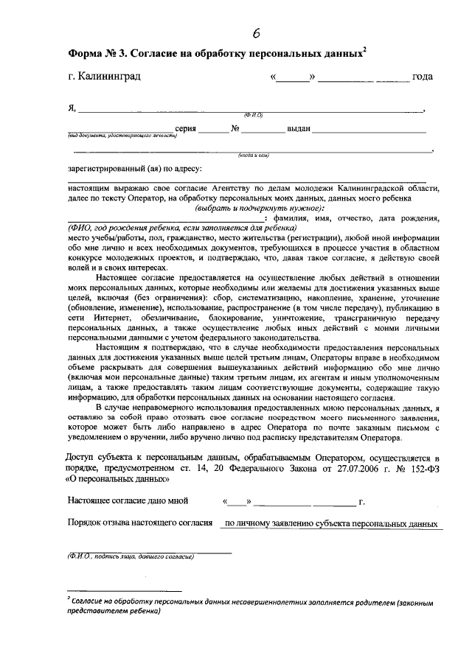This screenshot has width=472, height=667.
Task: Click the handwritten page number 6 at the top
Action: (257, 32)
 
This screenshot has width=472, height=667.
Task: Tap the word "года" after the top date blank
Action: (423, 77)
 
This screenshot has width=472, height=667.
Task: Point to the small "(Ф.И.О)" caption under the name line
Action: (254, 115)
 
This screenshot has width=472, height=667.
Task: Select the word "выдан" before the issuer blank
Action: (299, 128)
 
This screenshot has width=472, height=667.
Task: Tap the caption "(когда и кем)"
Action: (251, 156)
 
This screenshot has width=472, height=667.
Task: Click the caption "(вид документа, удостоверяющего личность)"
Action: (122, 136)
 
